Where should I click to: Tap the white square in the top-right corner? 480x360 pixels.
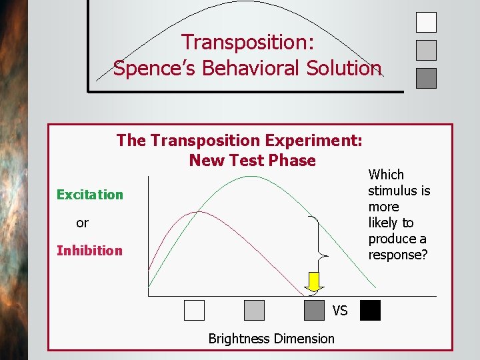tap(426, 22)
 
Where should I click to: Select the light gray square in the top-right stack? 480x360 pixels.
tap(426, 50)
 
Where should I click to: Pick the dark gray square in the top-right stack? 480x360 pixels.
tap(426, 78)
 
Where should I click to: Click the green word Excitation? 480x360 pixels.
tap(90, 195)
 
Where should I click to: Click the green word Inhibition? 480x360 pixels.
tap(89, 251)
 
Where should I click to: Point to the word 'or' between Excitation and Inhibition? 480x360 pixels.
tap(82, 223)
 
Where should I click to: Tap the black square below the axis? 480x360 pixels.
tap(370, 311)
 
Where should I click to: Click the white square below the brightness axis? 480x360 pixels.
tap(194, 311)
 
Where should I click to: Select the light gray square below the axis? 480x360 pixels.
tap(254, 311)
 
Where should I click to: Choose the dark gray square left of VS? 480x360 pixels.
tap(314, 311)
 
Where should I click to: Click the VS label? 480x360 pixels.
tap(340, 311)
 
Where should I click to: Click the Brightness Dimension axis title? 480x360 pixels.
tap(271, 339)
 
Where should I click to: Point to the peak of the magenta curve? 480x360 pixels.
tap(196, 212)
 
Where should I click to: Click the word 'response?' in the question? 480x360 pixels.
tap(397, 255)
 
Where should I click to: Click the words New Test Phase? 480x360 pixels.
tap(252, 161)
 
